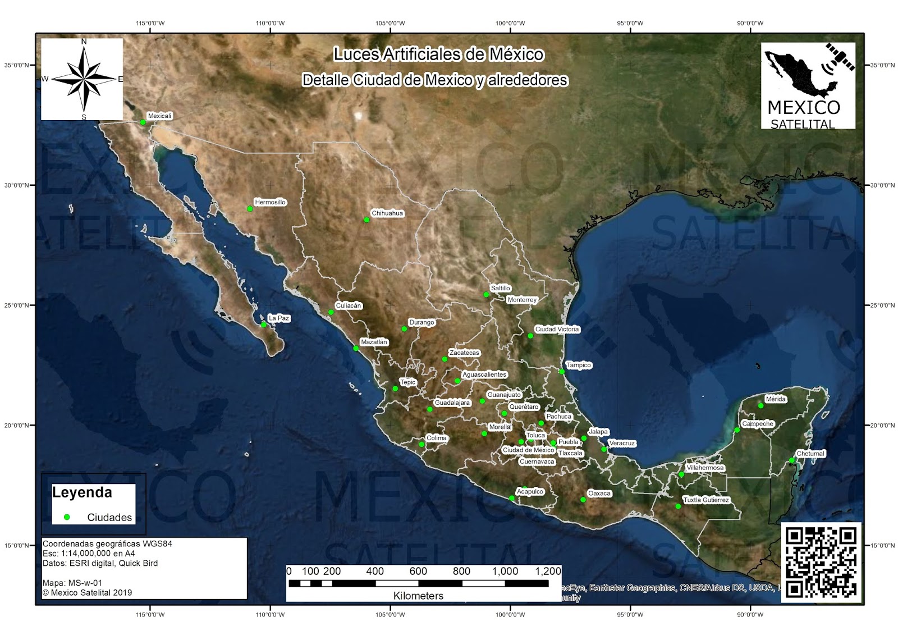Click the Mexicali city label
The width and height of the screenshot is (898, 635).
point(159,116)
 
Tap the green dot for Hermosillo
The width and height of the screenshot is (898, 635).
point(250,209)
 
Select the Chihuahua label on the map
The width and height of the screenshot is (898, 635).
point(387,213)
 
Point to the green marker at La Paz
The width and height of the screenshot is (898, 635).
point(264,325)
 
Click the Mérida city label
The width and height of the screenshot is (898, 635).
point(776,399)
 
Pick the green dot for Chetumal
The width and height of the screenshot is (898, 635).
point(792,460)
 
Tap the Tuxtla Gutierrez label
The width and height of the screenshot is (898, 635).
point(706,500)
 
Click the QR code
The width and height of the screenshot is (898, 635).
point(821,562)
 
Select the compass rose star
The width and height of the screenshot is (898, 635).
point(84,79)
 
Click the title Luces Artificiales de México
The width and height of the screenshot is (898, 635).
point(438,54)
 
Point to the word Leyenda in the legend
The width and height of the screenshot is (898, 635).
point(82,492)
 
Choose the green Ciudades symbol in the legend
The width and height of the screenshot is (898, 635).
point(67,517)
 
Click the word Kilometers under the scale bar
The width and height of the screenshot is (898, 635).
point(418,596)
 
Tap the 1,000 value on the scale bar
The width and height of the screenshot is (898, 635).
point(505,571)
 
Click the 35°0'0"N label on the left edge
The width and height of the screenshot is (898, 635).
point(16,65)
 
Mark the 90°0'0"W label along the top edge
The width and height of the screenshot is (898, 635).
point(750,24)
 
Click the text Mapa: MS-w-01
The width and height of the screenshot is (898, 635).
point(72,583)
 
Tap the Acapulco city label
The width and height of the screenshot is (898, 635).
point(530,492)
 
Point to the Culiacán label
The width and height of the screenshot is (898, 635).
point(349,305)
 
